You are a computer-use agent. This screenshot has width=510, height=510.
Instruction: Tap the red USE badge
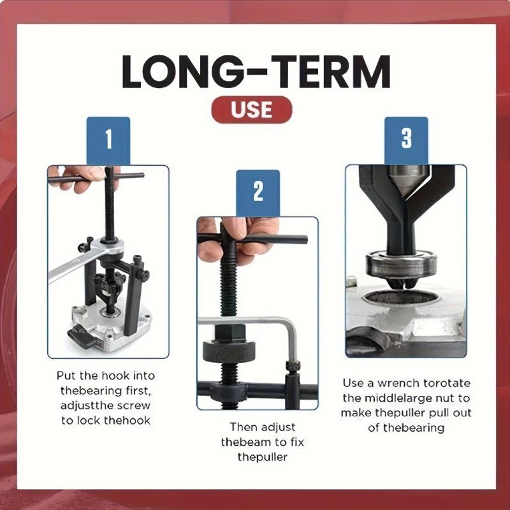(x=252, y=110)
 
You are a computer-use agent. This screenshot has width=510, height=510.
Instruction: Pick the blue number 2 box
(x=258, y=192)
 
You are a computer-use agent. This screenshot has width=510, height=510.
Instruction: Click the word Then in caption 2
(x=242, y=426)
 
